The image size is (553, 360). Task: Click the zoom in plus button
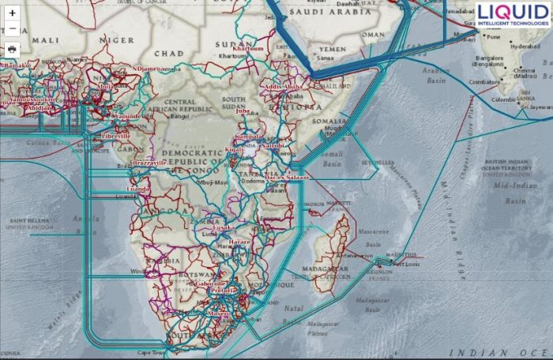coord(12,13)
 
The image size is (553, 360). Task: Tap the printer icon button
coord(12,49)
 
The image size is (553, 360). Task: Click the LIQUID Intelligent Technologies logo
coord(513,14)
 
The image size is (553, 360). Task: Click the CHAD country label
coord(169,53)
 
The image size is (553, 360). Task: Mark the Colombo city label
coord(503,99)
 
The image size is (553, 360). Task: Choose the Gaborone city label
coord(211,283)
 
